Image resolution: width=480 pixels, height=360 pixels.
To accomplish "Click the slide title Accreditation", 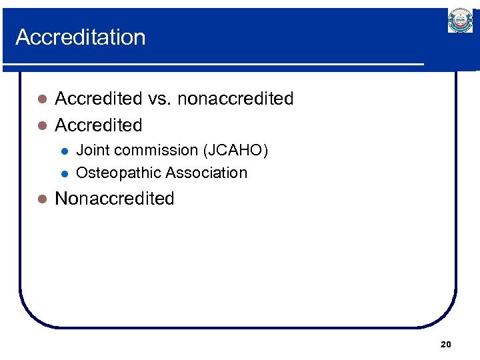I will coord(80,37).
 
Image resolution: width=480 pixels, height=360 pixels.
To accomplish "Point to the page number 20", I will coord(446,344).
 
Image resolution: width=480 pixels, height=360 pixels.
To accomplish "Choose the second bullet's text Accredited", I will coord(99,125).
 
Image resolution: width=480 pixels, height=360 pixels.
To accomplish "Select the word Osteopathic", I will coord(119,173).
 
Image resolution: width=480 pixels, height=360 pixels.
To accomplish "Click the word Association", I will coord(206,173).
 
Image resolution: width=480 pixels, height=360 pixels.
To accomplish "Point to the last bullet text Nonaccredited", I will coord(115,199).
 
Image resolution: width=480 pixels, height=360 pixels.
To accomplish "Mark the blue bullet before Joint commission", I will coord(64,151).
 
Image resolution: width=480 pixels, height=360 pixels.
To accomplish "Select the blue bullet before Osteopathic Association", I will coord(64,173).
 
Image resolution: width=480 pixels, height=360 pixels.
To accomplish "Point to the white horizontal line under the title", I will coord(213,65).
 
